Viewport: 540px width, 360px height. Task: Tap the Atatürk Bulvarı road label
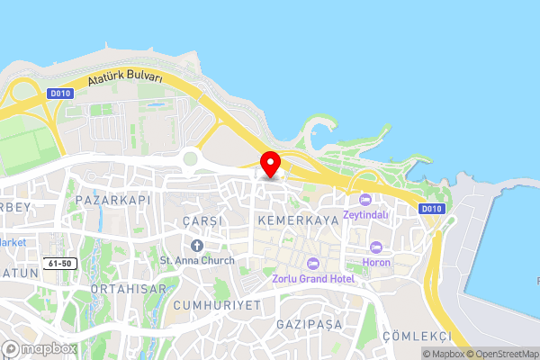point(125,80)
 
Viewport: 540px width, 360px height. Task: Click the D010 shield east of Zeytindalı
point(432,209)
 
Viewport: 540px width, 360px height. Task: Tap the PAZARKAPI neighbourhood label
point(111,199)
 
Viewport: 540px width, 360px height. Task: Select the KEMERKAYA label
point(297,219)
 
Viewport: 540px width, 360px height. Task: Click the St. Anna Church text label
point(197,260)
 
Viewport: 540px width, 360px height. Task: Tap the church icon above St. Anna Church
point(197,245)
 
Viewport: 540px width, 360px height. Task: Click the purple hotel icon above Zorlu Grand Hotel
point(313,263)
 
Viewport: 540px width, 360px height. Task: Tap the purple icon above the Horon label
point(375,247)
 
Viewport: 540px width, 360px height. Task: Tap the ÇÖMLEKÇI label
point(416,335)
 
